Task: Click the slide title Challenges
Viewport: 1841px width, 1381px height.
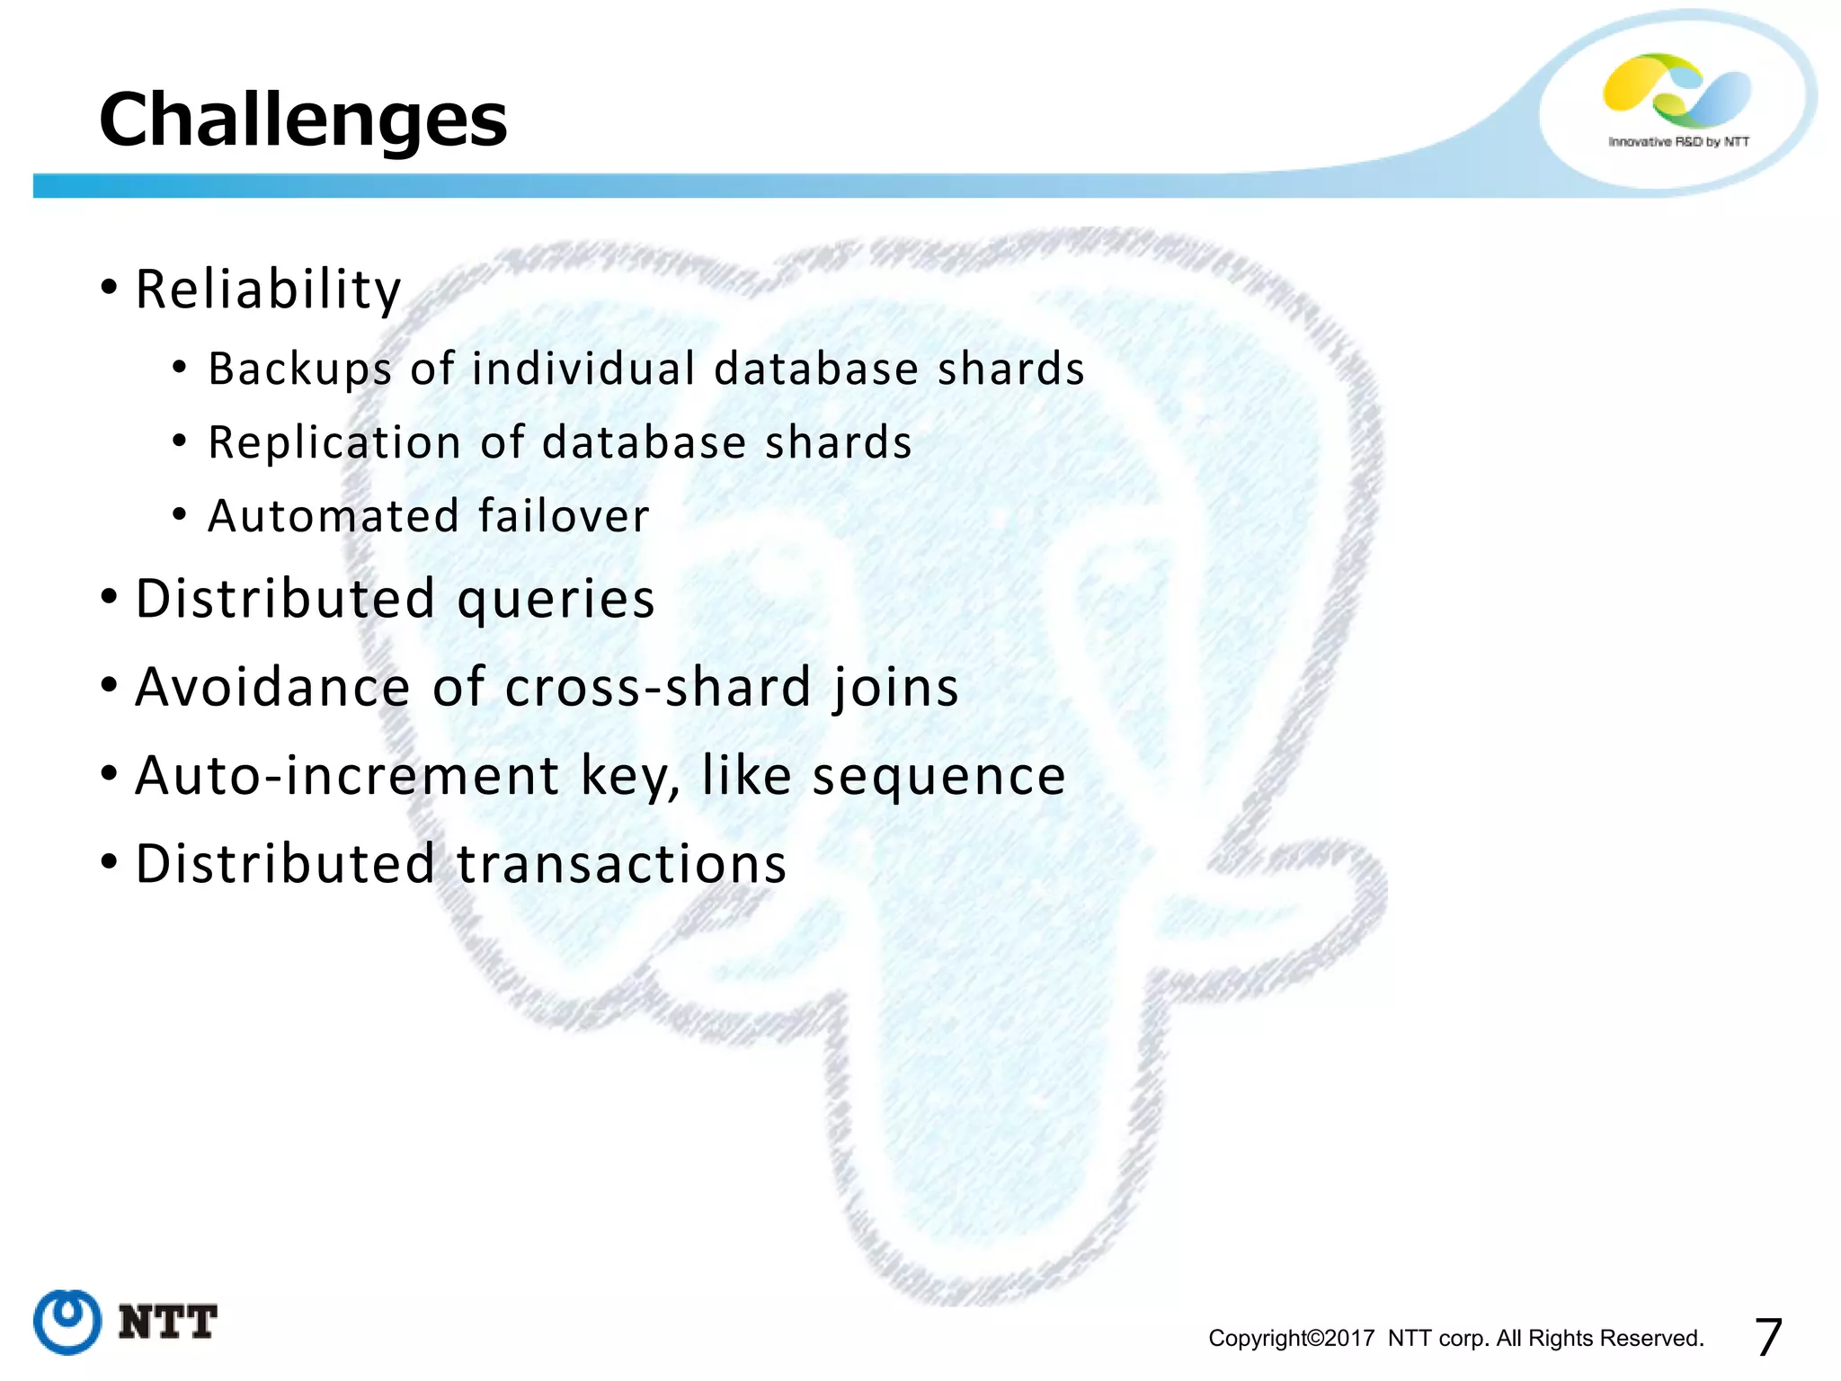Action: pos(303,120)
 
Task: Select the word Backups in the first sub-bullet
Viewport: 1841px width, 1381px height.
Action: pos(300,369)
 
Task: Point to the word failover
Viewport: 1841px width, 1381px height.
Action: pos(563,516)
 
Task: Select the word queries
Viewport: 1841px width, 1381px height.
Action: pos(556,601)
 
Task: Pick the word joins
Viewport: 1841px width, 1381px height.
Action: pos(894,689)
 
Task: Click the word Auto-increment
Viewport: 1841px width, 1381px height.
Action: pos(347,775)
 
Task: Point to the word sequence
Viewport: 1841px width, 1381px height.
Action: pos(938,777)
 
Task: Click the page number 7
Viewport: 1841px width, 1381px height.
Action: pos(1767,1337)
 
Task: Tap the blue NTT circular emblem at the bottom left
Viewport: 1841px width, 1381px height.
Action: pos(67,1322)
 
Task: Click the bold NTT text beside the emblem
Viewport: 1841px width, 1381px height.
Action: pos(168,1323)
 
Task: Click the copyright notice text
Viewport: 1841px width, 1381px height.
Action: pos(1455,1338)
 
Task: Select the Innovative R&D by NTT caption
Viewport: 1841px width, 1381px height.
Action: pos(1678,142)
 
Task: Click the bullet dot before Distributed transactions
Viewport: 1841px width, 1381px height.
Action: pos(109,861)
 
